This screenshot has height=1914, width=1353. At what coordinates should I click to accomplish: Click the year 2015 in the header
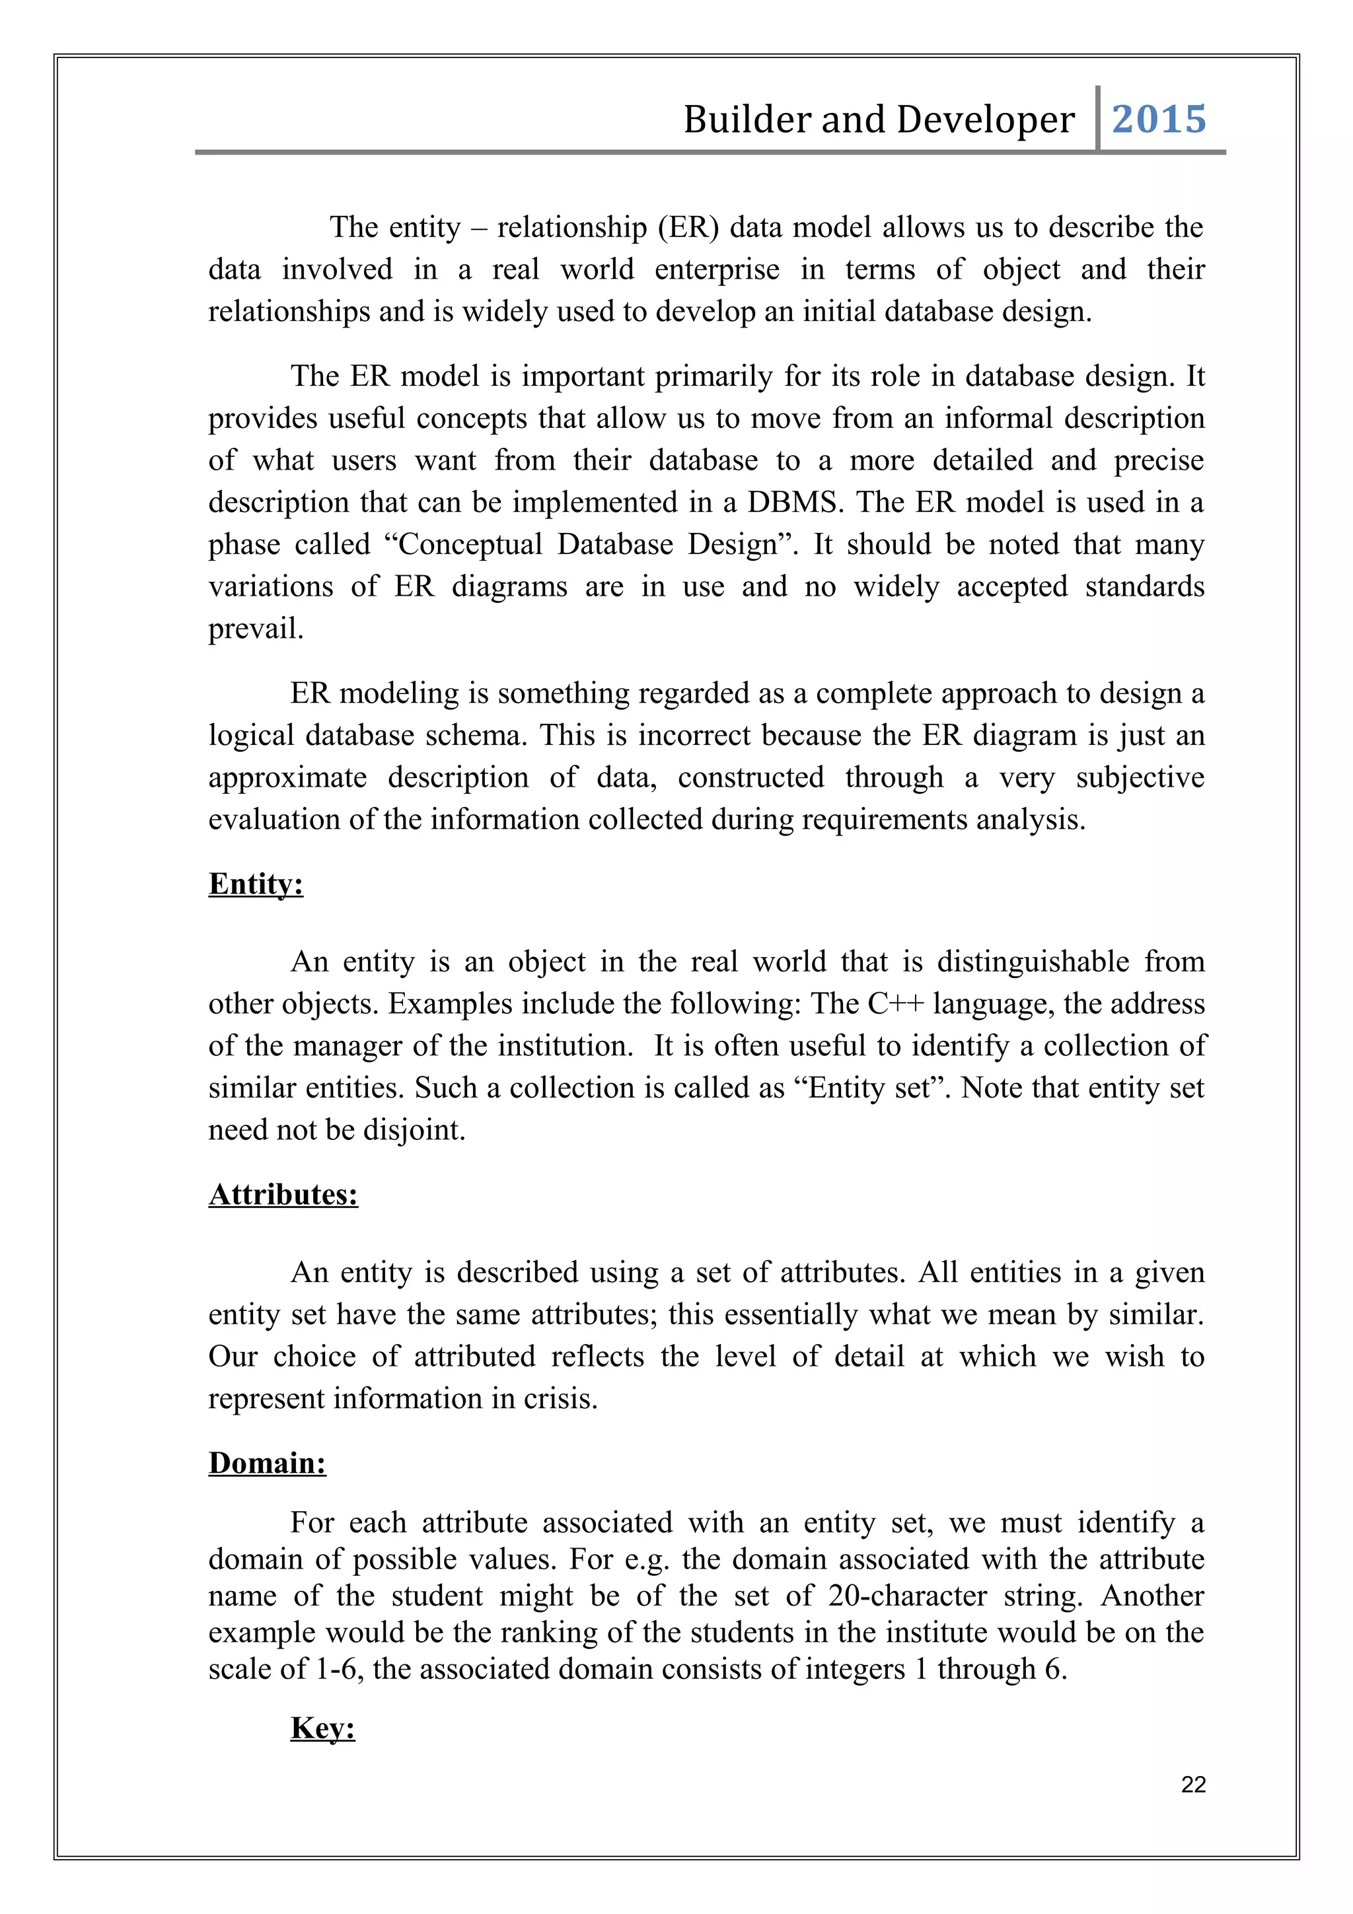1158,119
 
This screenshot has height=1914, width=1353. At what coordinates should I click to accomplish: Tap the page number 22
1193,1784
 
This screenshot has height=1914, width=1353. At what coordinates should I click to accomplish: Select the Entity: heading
256,884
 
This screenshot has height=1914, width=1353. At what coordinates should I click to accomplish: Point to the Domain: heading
267,1462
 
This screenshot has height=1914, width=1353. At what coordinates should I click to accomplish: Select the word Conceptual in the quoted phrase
468,544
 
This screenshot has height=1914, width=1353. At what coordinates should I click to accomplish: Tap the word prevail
255,629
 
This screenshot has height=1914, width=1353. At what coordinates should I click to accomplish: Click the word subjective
1140,777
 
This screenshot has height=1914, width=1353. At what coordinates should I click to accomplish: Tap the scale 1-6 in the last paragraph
336,1668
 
